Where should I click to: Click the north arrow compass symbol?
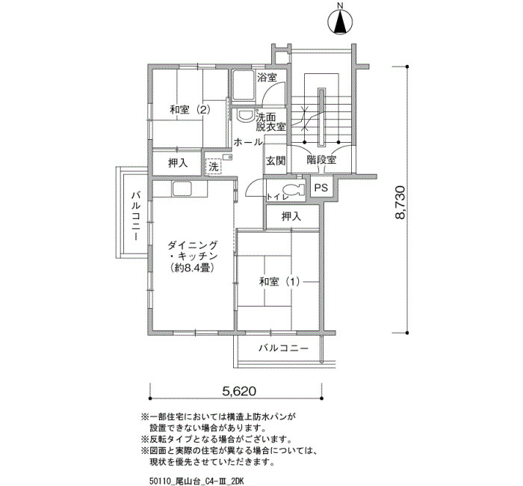(340, 22)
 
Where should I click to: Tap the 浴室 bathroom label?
(267, 78)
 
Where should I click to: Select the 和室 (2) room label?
(190, 110)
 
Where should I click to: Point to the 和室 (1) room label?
(279, 282)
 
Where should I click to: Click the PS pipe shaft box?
(321, 188)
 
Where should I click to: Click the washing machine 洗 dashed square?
(213, 166)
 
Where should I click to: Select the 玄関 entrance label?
(276, 161)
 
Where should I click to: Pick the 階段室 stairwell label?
(321, 160)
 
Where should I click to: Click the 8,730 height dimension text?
(400, 202)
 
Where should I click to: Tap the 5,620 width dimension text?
(239, 391)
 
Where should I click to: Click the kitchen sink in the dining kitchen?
(182, 188)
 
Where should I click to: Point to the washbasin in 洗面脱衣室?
(245, 115)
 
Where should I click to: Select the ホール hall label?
(248, 143)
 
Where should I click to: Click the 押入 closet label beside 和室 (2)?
(178, 163)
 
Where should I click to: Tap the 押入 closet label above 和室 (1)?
(291, 217)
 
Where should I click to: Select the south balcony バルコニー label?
(283, 348)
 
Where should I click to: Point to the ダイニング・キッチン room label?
(193, 256)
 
